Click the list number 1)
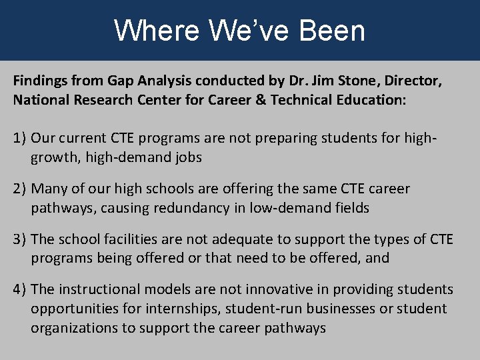pos(20,139)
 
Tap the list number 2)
pos(20,189)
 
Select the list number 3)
pos(20,239)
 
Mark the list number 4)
pos(20,290)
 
